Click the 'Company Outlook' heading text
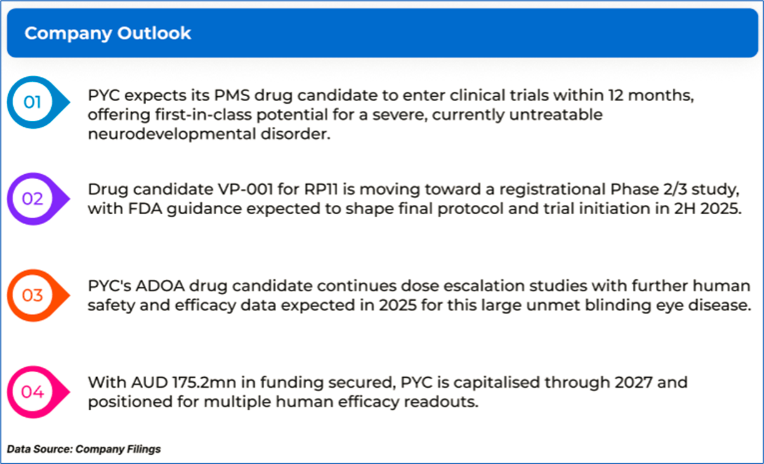108,34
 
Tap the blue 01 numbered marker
38,102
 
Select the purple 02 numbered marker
38,199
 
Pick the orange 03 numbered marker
38,295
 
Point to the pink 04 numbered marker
38,392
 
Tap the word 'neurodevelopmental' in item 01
172,134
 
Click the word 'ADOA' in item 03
160,285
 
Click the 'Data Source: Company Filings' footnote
84,449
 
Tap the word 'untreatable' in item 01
555,114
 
